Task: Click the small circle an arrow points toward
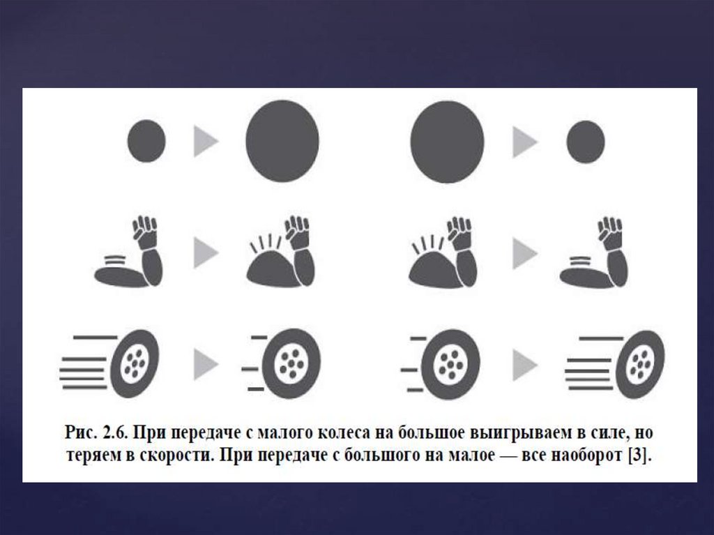(586, 142)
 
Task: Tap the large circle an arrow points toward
(282, 142)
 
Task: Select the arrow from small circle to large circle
(206, 142)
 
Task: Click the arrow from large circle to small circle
(525, 142)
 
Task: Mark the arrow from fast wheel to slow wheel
(206, 364)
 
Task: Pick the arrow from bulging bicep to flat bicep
(525, 253)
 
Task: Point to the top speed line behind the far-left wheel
(96, 338)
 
